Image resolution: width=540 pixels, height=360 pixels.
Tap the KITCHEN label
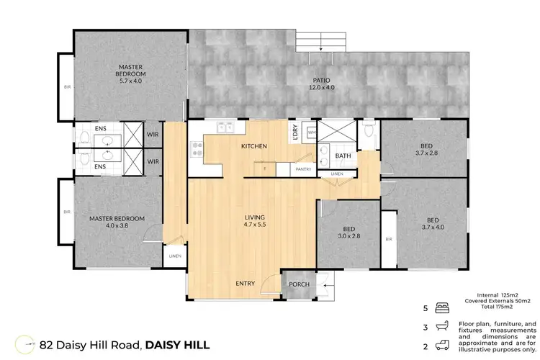click(x=253, y=146)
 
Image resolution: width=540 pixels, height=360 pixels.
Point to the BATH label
click(x=343, y=156)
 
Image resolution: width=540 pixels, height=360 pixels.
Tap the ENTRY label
click(x=246, y=284)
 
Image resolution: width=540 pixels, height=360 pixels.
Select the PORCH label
click(x=299, y=284)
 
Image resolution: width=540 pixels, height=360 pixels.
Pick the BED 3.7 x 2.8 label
click(x=426, y=149)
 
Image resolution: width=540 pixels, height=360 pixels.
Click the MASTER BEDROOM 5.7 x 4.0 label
click(x=132, y=74)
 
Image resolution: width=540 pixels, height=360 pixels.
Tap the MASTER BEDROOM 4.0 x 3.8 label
click(x=117, y=222)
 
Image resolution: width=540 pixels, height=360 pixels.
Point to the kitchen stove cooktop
click(x=196, y=149)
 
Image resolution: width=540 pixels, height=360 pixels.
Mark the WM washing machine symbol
click(x=311, y=132)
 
